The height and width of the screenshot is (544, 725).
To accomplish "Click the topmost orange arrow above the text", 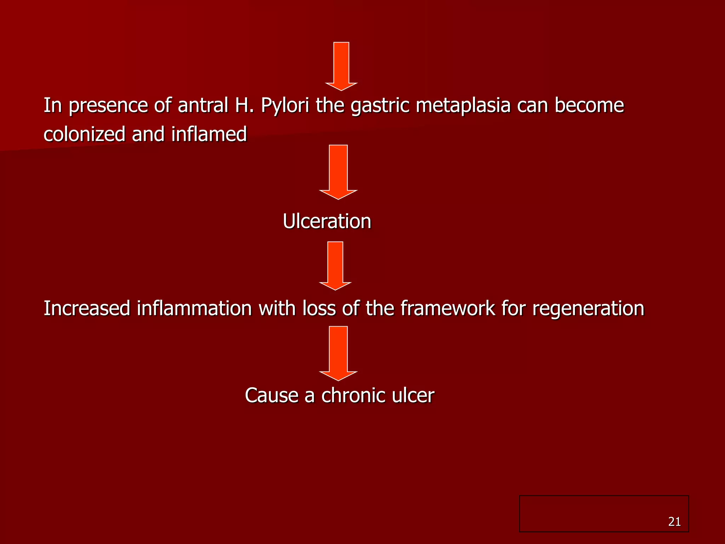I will click(x=341, y=66).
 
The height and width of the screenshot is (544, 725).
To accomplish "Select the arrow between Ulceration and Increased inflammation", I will click(x=335, y=265).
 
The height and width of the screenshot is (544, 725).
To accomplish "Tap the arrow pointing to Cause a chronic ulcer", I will click(x=338, y=352).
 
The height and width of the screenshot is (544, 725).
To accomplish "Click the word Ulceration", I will click(x=327, y=221).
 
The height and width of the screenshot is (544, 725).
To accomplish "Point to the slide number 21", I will click(x=674, y=522).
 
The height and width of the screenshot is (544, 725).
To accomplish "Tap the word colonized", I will click(x=85, y=135).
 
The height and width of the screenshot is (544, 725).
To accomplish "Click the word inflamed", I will click(x=209, y=135).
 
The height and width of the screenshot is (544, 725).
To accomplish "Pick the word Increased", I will click(x=87, y=308).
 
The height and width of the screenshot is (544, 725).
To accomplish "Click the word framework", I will click(x=447, y=308).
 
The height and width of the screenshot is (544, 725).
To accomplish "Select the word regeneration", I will click(x=588, y=308).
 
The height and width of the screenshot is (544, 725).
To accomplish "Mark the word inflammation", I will click(x=194, y=308).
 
